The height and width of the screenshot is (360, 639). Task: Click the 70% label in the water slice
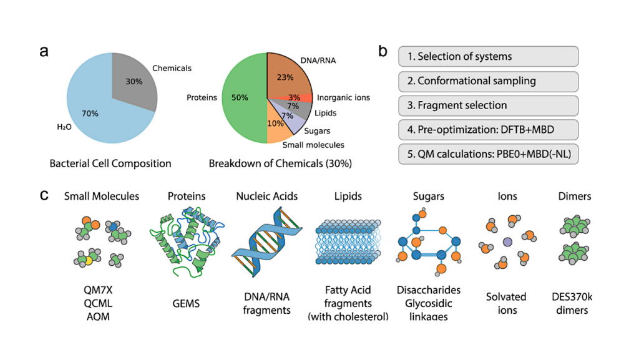[90, 113]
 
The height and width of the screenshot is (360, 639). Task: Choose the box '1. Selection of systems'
[488, 56]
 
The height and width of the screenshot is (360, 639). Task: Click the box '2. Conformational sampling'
[488, 81]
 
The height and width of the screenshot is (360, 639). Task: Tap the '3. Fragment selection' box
[488, 105]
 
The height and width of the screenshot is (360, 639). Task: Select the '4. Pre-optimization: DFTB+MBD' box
[488, 130]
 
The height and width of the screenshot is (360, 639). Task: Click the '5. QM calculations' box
[488, 154]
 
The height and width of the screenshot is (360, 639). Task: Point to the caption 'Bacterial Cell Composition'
[110, 164]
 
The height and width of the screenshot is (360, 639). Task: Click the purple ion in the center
[507, 241]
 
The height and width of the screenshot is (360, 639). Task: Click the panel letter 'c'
[44, 195]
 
